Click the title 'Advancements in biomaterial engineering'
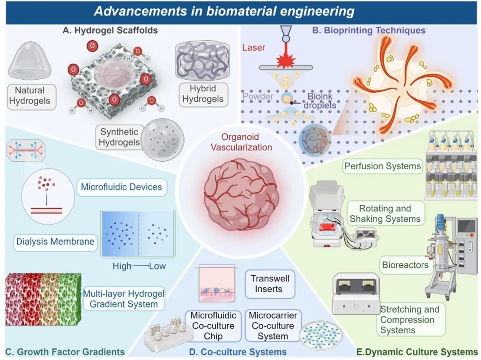[x=224, y=11]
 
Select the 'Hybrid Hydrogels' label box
[x=203, y=94]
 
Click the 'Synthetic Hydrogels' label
[x=119, y=137]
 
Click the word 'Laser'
[x=253, y=47]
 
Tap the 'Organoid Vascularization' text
[x=241, y=142]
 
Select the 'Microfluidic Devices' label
[x=121, y=187]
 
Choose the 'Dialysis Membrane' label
[x=55, y=242]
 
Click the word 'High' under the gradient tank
[x=122, y=267]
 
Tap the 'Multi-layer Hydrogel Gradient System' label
[x=124, y=299]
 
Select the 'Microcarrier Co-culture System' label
[x=273, y=326]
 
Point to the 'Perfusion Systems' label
[x=383, y=166]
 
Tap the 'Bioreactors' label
[x=398, y=265]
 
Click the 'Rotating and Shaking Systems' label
[x=385, y=213]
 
